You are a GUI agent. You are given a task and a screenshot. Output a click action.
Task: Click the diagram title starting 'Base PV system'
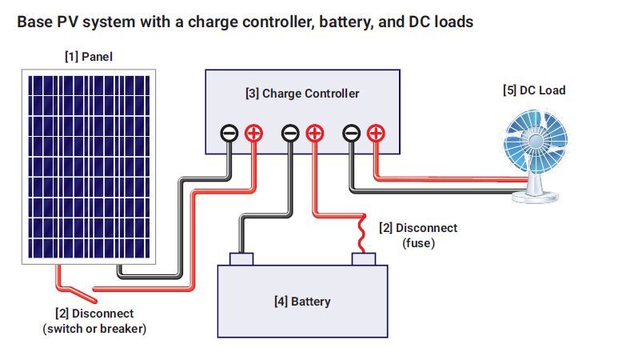[245, 22]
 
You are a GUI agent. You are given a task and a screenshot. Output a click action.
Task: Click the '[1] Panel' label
[88, 57]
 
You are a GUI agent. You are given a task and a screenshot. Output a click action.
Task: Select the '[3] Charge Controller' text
[302, 94]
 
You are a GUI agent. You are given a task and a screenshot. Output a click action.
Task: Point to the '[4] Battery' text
[302, 302]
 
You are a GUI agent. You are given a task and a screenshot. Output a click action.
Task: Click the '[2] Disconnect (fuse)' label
[418, 235]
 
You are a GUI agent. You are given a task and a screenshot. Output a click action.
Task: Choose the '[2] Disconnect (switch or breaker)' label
[94, 321]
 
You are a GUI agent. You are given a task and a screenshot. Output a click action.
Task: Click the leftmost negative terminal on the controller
[229, 134]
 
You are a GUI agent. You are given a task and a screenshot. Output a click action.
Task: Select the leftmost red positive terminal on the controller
[253, 134]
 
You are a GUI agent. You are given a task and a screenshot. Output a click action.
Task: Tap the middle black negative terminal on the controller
[290, 134]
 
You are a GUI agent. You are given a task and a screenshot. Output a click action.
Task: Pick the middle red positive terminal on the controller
[315, 134]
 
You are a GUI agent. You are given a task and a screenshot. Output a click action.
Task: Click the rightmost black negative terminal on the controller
[351, 134]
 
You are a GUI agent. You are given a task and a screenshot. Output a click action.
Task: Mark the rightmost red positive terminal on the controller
[376, 134]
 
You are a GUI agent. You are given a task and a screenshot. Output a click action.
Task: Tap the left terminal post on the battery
[241, 258]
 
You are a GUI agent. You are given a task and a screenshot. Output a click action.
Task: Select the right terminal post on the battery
[364, 258]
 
